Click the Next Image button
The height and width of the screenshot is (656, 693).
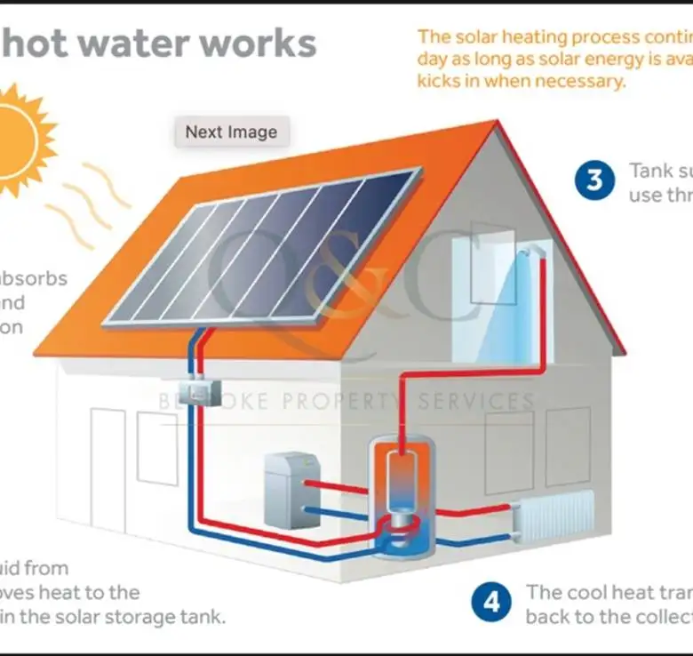pyautogui.click(x=231, y=132)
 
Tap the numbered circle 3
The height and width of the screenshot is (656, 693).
pyautogui.click(x=594, y=180)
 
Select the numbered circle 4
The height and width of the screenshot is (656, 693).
pyautogui.click(x=491, y=603)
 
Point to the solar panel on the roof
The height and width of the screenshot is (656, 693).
pyautogui.click(x=262, y=246)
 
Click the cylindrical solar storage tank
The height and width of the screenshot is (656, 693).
pyautogui.click(x=403, y=498)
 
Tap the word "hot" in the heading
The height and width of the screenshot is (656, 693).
pyautogui.click(x=36, y=43)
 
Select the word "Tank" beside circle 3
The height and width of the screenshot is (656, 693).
pyautogui.click(x=651, y=170)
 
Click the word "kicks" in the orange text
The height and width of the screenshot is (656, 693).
pyautogui.click(x=442, y=80)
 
